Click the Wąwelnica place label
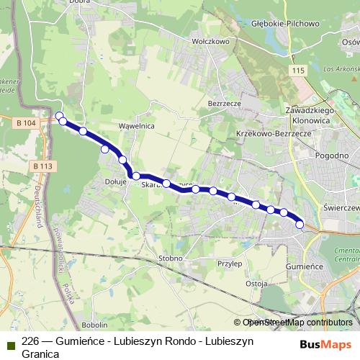pyautogui.click(x=137, y=125)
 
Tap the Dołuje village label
pyautogui.click(x=116, y=182)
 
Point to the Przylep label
pyautogui.click(x=229, y=264)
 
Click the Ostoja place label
pyautogui.click(x=257, y=283)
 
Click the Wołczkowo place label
pyautogui.click(x=210, y=42)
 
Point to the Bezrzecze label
pyautogui.click(x=222, y=104)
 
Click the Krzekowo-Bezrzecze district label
pyautogui.click(x=273, y=134)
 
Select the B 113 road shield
pyautogui.click(x=43, y=166)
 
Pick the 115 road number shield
pyautogui.click(x=300, y=70)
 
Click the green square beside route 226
pyautogui.click(x=10, y=343)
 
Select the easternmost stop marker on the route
pyautogui.click(x=300, y=225)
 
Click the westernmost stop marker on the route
pyautogui.click(x=60, y=115)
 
